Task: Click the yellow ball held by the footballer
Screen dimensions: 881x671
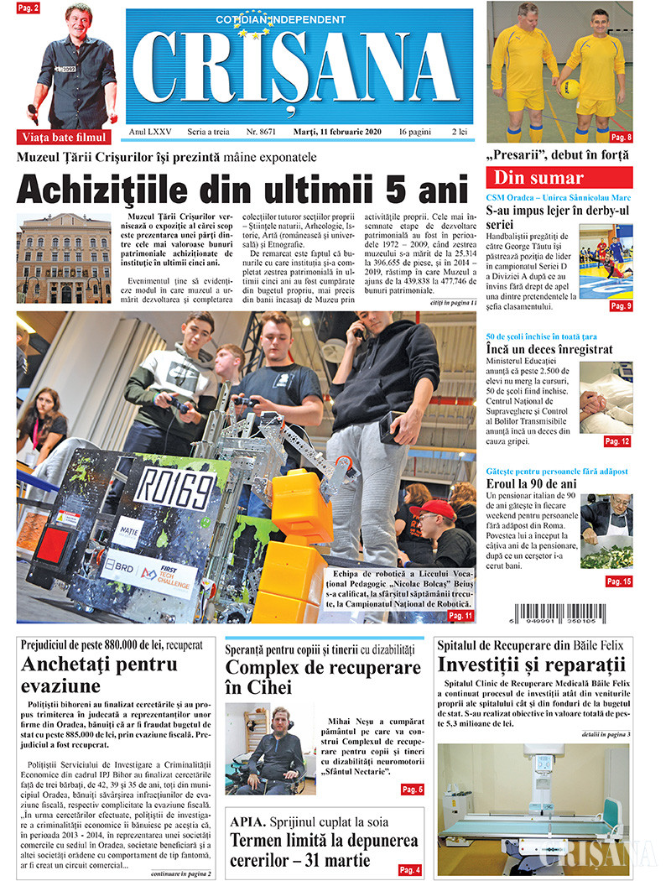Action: [x=570, y=88]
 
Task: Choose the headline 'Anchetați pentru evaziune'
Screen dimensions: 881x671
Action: [x=101, y=675]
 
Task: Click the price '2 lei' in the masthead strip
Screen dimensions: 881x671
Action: [x=459, y=133]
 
